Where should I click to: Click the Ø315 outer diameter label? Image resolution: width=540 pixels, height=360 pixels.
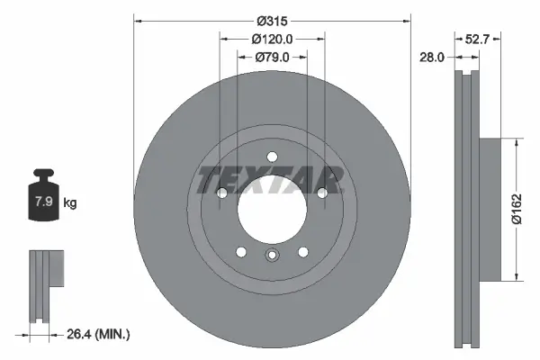click(x=271, y=21)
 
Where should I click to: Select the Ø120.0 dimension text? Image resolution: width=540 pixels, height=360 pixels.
click(x=271, y=40)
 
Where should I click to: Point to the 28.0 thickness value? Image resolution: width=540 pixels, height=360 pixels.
click(x=433, y=58)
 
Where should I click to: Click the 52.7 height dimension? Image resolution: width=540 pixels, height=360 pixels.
click(x=478, y=40)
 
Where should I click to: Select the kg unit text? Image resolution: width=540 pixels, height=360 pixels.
click(x=70, y=202)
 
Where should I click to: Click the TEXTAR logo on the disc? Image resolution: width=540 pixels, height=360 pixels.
click(x=270, y=180)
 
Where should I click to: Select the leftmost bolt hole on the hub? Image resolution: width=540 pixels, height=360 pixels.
click(x=221, y=192)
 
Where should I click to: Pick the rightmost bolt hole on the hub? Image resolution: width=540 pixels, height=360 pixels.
click(x=320, y=192)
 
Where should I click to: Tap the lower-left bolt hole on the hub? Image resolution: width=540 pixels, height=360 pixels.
click(x=240, y=251)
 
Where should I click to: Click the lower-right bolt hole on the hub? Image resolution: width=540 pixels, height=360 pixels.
click(x=301, y=251)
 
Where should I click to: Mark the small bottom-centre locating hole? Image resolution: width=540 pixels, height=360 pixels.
click(x=271, y=256)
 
